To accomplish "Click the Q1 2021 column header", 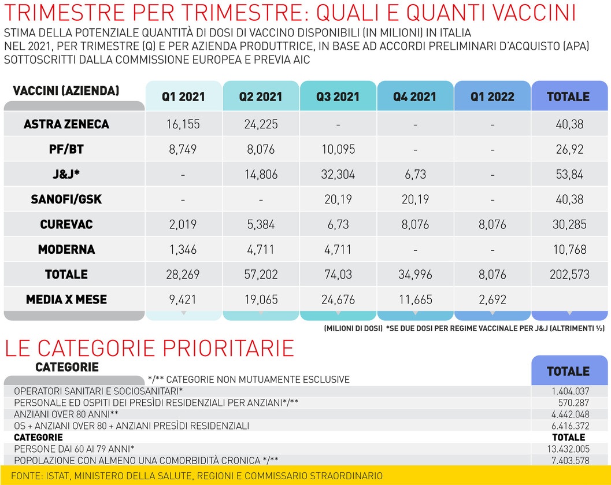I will [x=183, y=97].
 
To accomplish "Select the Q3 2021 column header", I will [x=338, y=97].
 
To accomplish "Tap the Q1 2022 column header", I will [x=492, y=97].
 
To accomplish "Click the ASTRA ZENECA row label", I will [x=66, y=124].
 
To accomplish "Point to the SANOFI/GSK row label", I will [x=66, y=199].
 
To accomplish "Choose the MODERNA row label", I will [x=66, y=250].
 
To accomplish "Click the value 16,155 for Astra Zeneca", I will [x=183, y=124].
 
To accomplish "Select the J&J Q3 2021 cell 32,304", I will [x=338, y=175].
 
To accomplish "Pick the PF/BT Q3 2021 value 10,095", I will [x=338, y=150].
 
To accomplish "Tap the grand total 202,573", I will [x=569, y=275].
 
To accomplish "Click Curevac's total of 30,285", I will [x=569, y=225].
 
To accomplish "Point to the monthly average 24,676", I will [x=338, y=300].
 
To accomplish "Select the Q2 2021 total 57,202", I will [x=261, y=275].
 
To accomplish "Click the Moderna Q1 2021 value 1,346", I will [x=183, y=250].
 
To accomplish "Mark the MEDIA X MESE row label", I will [x=66, y=299].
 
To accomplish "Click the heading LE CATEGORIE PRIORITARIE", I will [x=149, y=348].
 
